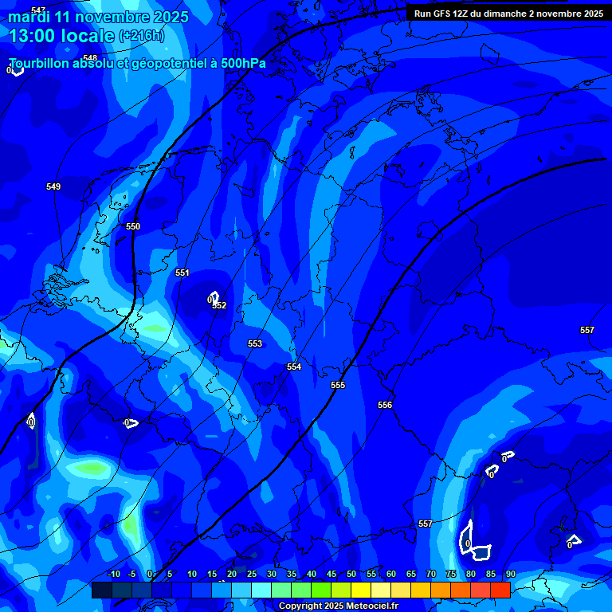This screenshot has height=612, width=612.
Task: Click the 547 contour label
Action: point(38,10)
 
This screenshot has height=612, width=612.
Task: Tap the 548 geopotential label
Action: point(90,58)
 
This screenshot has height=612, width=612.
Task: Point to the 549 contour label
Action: point(53,186)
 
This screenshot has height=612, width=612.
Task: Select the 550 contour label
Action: point(133,227)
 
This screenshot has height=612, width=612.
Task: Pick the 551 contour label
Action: point(182,273)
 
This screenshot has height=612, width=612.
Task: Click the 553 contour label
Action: point(255,343)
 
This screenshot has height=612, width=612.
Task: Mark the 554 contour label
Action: point(294,367)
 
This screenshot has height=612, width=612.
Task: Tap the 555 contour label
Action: point(338,386)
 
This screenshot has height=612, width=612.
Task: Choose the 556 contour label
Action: point(385,406)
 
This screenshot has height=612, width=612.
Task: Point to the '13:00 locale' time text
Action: point(62,36)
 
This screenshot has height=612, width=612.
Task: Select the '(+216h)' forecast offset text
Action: point(141,36)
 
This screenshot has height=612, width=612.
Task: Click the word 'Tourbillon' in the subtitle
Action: point(40,64)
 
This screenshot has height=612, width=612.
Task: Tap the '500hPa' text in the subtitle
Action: point(243,64)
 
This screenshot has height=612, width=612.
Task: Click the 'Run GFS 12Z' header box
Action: point(508,13)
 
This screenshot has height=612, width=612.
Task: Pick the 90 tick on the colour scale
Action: point(510,574)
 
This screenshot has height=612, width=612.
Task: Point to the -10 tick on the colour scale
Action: point(113,574)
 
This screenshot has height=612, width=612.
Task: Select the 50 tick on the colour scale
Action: point(351,574)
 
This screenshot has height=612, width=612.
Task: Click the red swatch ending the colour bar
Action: point(500,590)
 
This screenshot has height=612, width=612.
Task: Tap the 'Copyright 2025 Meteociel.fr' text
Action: point(338,606)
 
